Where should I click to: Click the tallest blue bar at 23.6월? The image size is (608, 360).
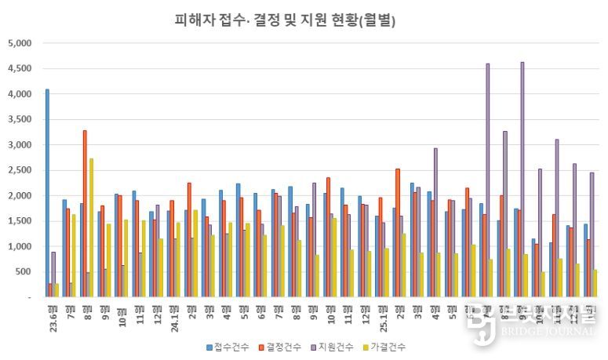tap(47, 193)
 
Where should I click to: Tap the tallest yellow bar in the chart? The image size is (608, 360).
tap(91, 227)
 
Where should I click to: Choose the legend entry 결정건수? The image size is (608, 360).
tap(284, 346)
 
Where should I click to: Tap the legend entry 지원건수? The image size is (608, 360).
tap(340, 346)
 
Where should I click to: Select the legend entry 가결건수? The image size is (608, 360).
tap(395, 346)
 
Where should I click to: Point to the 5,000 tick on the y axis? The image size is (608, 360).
tap(19, 43)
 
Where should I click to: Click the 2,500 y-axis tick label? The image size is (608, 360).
tap(19, 170)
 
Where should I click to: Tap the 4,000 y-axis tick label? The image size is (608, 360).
tap(19, 94)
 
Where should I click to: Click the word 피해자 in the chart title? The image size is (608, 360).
tap(193, 20)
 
